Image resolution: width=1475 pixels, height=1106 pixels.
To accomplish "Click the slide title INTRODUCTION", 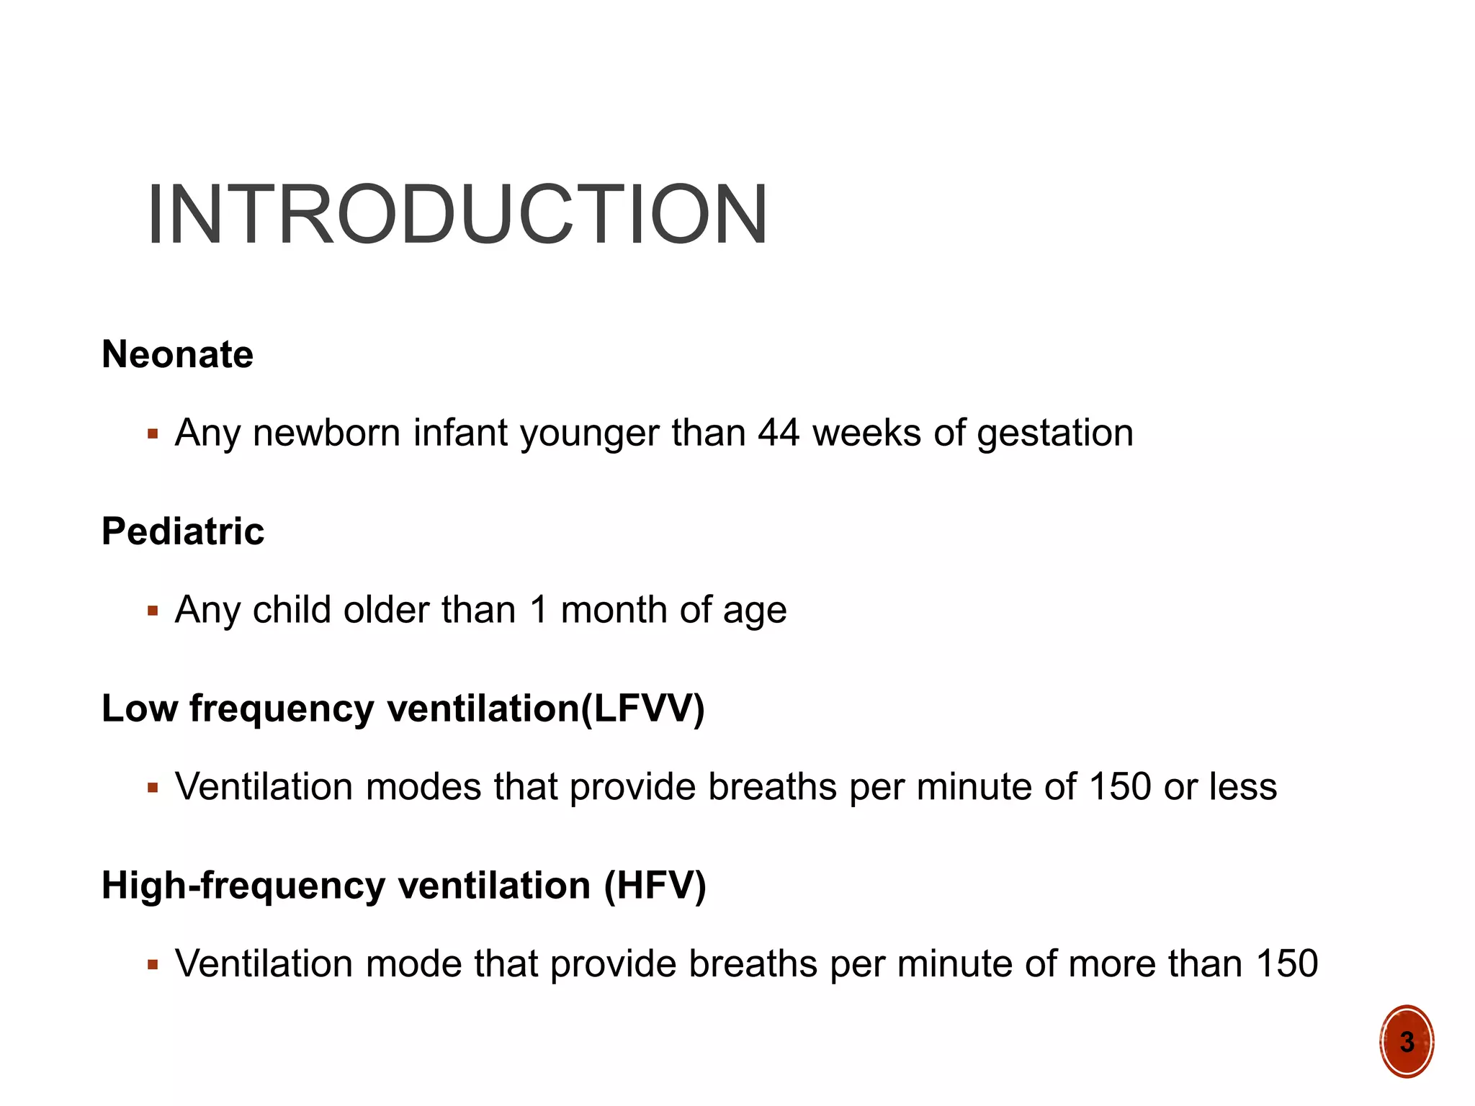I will point(457,215).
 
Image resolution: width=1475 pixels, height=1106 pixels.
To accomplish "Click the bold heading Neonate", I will point(177,354).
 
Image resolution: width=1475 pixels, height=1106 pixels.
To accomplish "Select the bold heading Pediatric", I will point(183,531).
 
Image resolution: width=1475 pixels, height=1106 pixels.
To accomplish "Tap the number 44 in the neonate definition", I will point(778,433).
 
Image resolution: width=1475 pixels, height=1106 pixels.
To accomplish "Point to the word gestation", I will point(1055,434).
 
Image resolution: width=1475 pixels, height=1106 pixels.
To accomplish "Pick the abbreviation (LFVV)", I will point(642,709).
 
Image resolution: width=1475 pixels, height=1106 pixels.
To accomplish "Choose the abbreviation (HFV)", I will point(655,886).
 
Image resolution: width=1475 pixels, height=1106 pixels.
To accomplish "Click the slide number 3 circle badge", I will point(1407,1041).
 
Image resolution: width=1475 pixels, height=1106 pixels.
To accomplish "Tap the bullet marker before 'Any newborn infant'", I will point(152,434).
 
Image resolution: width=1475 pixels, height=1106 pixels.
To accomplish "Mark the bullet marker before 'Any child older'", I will point(152,611).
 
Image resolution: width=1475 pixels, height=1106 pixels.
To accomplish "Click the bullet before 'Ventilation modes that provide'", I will point(152,788).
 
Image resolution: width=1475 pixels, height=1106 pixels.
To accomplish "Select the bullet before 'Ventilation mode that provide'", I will point(152,965).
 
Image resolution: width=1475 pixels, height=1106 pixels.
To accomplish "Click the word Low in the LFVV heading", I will point(139,709).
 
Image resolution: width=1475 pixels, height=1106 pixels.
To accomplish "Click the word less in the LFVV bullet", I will point(1243,786).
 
